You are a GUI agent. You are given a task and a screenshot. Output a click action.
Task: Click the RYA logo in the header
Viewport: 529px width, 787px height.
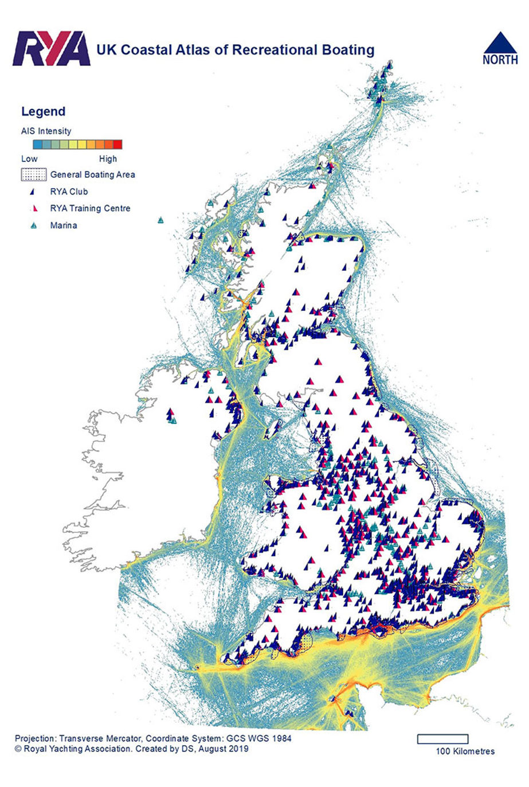[52, 49]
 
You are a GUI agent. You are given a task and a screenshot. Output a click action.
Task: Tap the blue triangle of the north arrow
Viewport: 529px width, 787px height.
[499, 44]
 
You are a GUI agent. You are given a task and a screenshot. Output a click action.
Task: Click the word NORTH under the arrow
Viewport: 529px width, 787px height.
[500, 60]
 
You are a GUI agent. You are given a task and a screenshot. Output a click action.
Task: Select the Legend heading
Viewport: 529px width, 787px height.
[43, 112]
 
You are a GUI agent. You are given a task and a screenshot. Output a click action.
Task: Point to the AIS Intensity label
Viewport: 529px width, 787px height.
[46, 131]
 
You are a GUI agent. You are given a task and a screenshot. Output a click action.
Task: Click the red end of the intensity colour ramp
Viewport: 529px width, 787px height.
[117, 145]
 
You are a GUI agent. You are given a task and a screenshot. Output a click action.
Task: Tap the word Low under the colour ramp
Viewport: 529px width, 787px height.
[29, 159]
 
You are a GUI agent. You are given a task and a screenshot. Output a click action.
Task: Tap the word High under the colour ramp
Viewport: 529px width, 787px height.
[108, 159]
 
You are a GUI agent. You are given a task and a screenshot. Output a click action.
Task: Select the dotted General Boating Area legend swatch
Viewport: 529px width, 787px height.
[33, 174]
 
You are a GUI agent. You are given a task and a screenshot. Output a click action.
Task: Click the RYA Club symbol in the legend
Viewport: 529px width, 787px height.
[33, 192]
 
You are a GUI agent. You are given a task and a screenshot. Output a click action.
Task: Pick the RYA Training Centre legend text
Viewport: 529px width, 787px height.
[90, 208]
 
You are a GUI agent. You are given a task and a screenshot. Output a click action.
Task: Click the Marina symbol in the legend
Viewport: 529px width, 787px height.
[33, 225]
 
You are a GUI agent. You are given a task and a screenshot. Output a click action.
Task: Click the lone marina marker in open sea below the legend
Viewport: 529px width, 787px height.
[162, 220]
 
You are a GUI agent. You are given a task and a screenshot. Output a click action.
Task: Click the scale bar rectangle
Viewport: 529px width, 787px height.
[442, 739]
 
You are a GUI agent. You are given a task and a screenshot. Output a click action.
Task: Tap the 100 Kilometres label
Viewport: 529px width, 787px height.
[465, 751]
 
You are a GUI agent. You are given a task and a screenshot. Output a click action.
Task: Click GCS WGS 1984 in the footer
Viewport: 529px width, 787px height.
[262, 738]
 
